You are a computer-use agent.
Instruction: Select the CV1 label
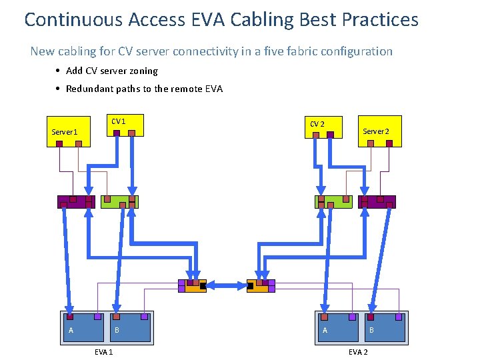pos(118,121)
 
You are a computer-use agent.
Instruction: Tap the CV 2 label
pos(317,124)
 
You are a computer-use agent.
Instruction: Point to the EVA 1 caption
pos(103,352)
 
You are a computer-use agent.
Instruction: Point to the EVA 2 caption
pos(357,352)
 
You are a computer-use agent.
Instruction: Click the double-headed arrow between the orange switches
pos(227,285)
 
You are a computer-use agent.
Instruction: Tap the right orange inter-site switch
pos(260,286)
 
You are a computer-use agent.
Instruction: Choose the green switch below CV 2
pos(333,202)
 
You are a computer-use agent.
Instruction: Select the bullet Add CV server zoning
pos(111,71)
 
